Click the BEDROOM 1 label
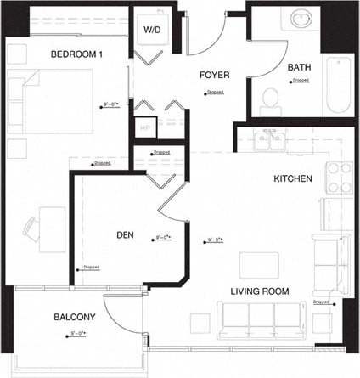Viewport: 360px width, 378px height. [76, 54]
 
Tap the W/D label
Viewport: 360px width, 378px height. [152, 30]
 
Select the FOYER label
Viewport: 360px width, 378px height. [214, 75]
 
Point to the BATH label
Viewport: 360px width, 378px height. [299, 67]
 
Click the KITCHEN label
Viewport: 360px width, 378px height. [293, 179]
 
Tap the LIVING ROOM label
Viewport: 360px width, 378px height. [260, 291]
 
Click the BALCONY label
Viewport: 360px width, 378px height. [75, 317]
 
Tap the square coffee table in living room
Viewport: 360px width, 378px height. [253, 263]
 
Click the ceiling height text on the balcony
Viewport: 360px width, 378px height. [76, 334]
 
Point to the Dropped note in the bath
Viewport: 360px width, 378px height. [301, 81]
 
